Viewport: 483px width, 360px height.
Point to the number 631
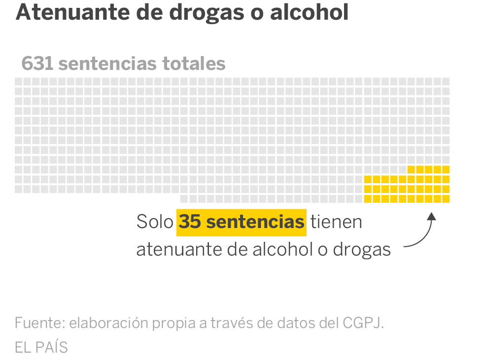37,64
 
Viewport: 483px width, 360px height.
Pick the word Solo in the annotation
155,222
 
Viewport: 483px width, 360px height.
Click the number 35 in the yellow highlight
190,222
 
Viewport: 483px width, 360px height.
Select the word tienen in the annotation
336,222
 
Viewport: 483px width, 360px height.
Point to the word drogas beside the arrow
361,250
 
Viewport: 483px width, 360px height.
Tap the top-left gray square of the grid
18,81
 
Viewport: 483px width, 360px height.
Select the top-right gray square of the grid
446,81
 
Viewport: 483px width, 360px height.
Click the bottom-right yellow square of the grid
446,199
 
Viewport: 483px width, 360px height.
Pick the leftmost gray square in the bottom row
184,199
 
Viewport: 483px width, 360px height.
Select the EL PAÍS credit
41,347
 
